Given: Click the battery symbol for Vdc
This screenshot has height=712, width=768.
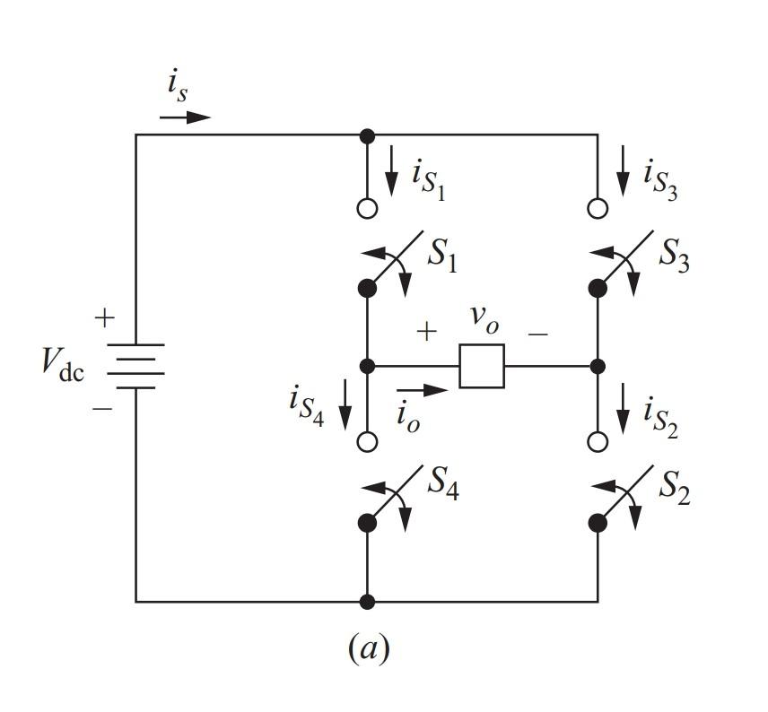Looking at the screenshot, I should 135,366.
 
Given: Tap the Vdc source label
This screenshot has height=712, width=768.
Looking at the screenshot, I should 64,363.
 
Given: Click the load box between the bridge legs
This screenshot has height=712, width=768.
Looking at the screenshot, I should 482,366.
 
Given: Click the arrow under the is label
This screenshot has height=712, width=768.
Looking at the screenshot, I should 187,117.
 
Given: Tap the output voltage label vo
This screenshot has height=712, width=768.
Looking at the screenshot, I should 484,320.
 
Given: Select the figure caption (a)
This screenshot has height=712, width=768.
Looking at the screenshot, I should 368,648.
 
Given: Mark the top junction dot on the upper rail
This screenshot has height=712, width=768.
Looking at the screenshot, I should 367,135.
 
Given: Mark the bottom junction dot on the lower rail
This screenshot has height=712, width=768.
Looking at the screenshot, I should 367,602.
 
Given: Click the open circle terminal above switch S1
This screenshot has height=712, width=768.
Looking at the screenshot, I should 367,208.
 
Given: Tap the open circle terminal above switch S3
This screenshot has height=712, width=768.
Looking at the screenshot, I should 598,208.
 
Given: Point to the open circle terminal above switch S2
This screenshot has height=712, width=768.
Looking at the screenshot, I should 598,441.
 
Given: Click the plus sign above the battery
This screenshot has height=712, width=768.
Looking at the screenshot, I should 105,317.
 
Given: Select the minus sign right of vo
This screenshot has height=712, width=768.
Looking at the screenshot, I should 537,333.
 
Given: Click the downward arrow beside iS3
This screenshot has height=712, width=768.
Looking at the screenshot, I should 623,178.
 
